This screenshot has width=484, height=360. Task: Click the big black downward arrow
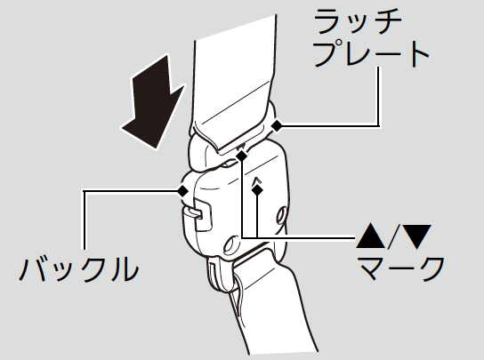pyautogui.click(x=153, y=103)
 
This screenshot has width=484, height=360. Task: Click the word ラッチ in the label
pyautogui.click(x=358, y=22)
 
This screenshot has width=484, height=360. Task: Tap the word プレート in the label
pyautogui.click(x=371, y=53)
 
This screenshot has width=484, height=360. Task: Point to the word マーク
pyautogui.click(x=401, y=268)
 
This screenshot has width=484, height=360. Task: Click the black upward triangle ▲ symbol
pyautogui.click(x=370, y=236)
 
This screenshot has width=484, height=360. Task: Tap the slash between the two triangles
pyautogui.click(x=393, y=236)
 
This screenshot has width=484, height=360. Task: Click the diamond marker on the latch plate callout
pyautogui.click(x=277, y=125)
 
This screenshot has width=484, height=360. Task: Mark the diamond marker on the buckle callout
pyautogui.click(x=183, y=191)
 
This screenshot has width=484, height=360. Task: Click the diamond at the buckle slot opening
pyautogui.click(x=242, y=156)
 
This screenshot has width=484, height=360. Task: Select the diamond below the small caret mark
pyautogui.click(x=257, y=189)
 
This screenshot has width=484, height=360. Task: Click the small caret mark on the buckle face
pyautogui.click(x=257, y=180)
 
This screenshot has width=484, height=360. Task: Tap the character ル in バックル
pyautogui.click(x=123, y=268)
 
